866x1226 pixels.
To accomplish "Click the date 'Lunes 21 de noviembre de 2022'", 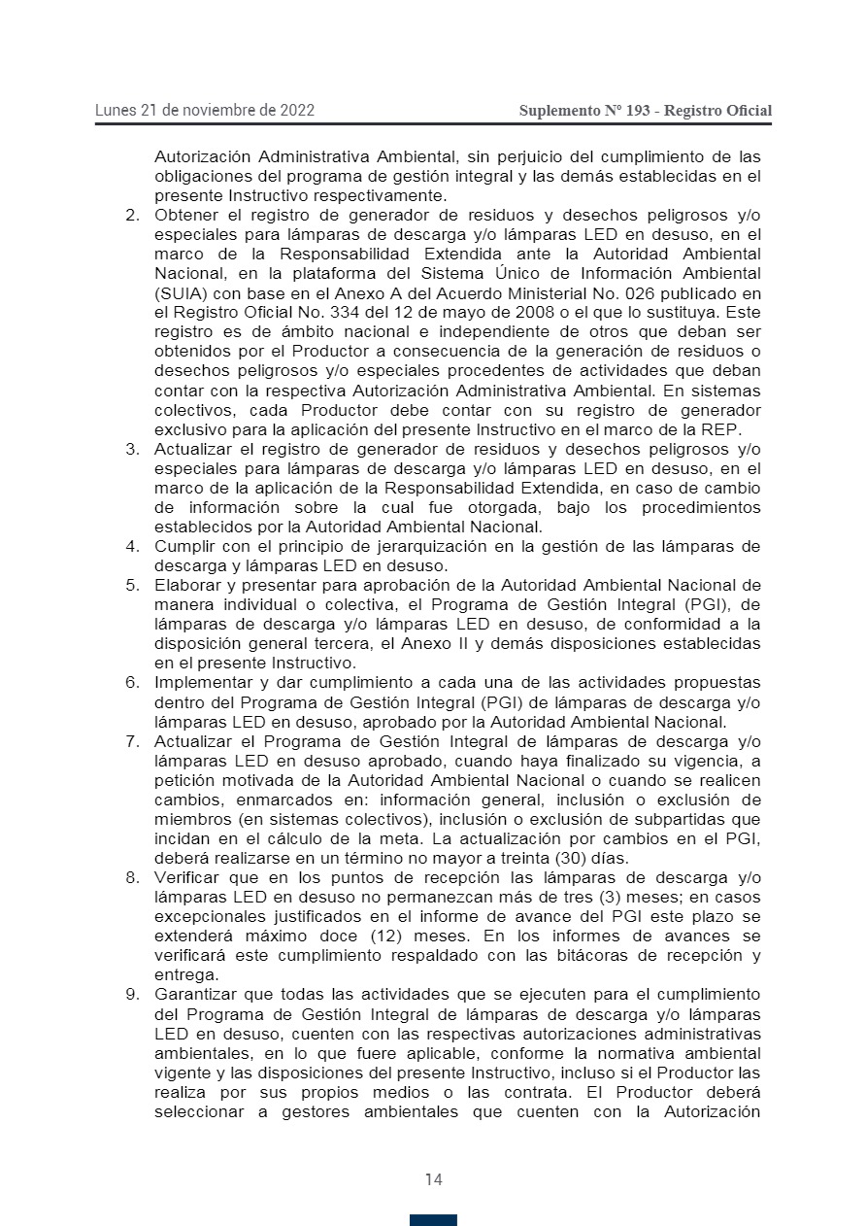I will click(x=205, y=111).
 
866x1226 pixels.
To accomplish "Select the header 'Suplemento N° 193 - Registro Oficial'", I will click(x=646, y=111).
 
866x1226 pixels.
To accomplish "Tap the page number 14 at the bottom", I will click(x=433, y=1179).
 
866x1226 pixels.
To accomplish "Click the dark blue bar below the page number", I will click(x=433, y=1220).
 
